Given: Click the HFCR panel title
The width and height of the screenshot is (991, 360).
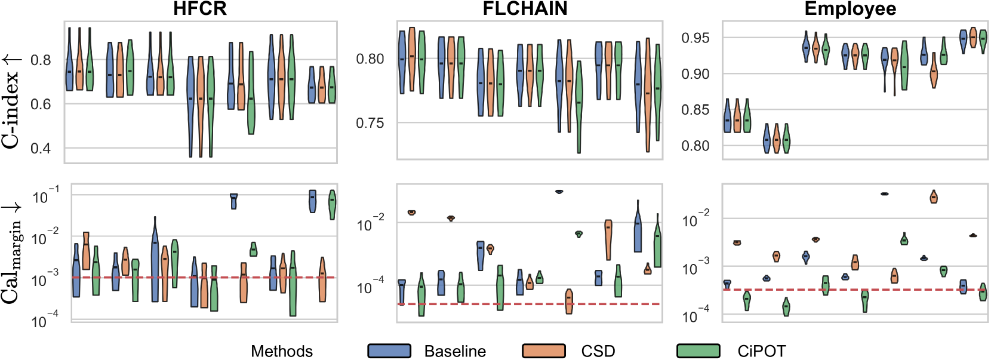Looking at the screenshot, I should click(x=199, y=9).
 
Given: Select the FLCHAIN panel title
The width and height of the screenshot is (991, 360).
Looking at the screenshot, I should click(x=525, y=9).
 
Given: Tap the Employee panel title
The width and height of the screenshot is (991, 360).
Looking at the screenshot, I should click(x=850, y=9).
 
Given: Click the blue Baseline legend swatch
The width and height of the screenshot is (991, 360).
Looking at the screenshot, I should click(x=389, y=351).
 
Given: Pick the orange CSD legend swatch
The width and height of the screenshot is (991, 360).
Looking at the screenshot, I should click(x=543, y=351).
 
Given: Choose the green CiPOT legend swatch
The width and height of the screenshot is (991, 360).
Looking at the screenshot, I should click(x=698, y=351).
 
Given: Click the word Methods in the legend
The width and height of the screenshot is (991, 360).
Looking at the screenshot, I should click(x=281, y=351).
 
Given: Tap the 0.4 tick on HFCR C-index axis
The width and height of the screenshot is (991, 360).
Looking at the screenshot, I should click(x=41, y=148).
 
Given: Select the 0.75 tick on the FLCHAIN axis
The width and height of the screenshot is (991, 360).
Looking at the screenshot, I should click(x=370, y=123).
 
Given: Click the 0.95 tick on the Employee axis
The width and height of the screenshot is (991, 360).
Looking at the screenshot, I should click(x=695, y=38).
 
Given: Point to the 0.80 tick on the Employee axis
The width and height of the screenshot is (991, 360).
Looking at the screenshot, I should click(x=695, y=146).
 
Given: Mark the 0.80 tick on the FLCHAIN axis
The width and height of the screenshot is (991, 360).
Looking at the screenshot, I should click(x=370, y=59).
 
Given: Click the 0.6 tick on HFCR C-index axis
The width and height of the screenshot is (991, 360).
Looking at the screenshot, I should click(x=41, y=104).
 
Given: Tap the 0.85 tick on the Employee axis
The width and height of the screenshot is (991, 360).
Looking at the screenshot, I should click(x=695, y=110).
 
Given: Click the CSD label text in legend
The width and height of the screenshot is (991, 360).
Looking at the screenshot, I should click(x=598, y=351).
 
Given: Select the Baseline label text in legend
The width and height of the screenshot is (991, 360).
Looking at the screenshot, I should click(x=455, y=351).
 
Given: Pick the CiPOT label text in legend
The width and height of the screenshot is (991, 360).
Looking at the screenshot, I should click(x=761, y=351).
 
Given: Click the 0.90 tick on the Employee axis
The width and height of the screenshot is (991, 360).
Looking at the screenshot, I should click(x=695, y=74).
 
